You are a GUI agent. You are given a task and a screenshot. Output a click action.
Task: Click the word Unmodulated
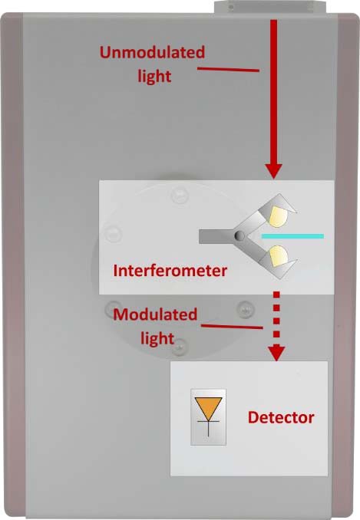[152, 52]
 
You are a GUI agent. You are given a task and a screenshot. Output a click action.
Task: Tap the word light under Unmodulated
[154, 76]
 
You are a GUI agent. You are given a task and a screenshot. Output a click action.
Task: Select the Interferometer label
[170, 271]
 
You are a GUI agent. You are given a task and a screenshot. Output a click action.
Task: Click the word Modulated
[155, 314]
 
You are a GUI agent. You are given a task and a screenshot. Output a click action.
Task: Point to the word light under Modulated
[157, 338]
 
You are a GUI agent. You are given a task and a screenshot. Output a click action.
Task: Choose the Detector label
[281, 417]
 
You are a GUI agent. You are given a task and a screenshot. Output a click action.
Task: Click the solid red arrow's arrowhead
[274, 172]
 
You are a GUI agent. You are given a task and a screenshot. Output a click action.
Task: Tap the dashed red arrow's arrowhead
[276, 354]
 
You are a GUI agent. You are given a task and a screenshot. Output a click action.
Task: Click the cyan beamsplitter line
[292, 236]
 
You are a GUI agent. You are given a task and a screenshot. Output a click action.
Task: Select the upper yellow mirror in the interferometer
[277, 216]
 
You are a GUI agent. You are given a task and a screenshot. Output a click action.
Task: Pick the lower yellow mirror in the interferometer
[278, 256]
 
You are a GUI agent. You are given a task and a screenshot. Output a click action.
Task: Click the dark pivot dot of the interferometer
[239, 235]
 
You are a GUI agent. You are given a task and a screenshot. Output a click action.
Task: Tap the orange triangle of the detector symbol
[208, 407]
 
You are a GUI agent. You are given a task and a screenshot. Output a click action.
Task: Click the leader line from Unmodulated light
[228, 69]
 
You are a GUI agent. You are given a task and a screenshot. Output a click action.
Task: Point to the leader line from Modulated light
[232, 327]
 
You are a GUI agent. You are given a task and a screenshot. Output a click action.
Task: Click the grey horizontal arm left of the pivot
[216, 236]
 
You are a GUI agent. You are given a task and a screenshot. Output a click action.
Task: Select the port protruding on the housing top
[270, 7]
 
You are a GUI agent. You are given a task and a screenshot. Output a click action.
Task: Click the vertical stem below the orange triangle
[208, 429]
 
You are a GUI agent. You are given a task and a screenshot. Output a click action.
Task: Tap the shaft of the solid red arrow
[274, 92]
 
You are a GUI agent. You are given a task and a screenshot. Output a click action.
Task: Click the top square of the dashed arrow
[276, 295]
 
